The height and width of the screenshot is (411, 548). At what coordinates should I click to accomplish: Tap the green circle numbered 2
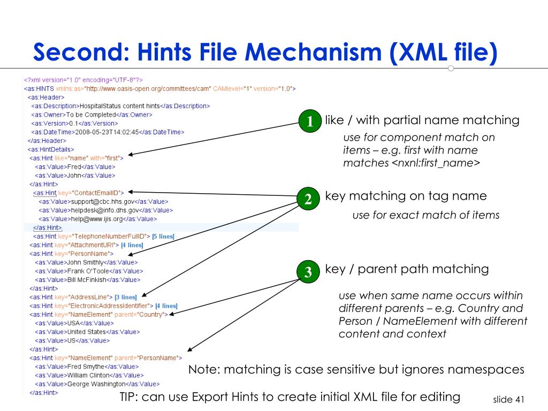[308, 200]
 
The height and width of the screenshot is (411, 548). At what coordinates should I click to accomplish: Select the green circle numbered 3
[308, 272]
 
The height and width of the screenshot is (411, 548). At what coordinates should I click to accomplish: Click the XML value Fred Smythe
[86, 367]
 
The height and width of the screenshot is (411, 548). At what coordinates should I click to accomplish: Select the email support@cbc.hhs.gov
[102, 201]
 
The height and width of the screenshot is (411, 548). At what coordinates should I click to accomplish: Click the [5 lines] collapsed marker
[163, 236]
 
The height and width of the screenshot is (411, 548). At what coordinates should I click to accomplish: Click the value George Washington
[96, 384]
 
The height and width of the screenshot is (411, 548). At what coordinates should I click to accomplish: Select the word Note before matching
[202, 370]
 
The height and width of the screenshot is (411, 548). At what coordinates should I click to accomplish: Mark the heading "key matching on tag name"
[406, 196]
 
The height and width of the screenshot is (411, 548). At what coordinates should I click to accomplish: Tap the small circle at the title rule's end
[451, 68]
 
